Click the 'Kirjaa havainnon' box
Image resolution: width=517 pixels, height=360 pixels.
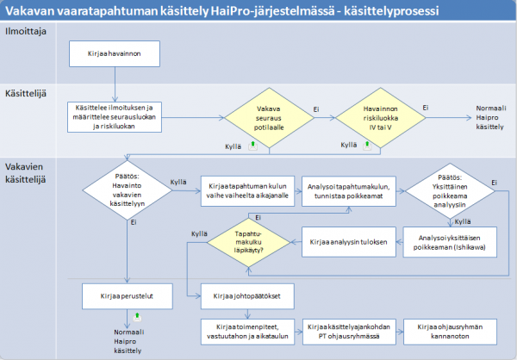(x=115, y=53)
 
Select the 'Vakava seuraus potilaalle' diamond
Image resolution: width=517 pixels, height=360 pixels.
(x=269, y=118)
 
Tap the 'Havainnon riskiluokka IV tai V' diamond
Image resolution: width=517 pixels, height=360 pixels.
(x=381, y=118)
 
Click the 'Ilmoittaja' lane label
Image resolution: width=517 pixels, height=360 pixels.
(x=26, y=31)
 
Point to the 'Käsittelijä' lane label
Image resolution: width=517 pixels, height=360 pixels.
(x=26, y=94)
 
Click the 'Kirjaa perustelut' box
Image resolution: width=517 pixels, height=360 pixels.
(x=128, y=296)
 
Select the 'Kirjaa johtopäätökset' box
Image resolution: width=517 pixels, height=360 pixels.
(x=247, y=296)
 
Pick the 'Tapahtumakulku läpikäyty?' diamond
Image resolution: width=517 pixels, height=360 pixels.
(x=249, y=242)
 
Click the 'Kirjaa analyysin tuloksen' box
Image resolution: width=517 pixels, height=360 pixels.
(x=348, y=242)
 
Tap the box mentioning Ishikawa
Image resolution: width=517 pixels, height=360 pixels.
(x=450, y=242)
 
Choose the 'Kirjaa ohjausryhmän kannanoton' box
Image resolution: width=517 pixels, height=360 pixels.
(x=450, y=332)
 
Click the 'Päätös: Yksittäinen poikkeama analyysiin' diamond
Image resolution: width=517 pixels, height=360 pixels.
(x=450, y=191)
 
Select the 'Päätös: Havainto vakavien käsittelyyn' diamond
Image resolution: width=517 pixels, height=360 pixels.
(x=128, y=190)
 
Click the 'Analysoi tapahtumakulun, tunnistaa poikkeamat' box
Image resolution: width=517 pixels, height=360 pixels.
(x=348, y=191)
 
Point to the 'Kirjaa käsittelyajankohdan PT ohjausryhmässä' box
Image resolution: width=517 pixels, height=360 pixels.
(x=349, y=332)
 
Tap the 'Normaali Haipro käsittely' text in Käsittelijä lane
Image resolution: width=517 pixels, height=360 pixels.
(x=490, y=118)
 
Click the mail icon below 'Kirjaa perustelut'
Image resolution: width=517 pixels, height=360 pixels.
(x=138, y=317)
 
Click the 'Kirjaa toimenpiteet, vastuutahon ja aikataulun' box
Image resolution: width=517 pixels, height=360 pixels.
(x=247, y=332)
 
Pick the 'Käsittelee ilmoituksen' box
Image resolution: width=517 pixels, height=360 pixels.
(x=115, y=117)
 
